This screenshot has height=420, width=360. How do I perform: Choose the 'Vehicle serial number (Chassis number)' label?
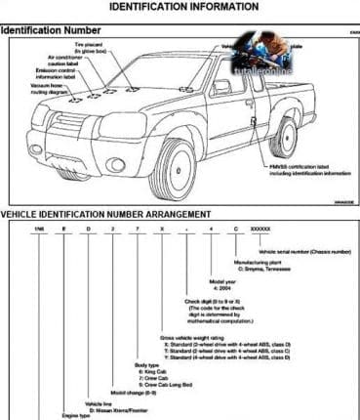[303, 251]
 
